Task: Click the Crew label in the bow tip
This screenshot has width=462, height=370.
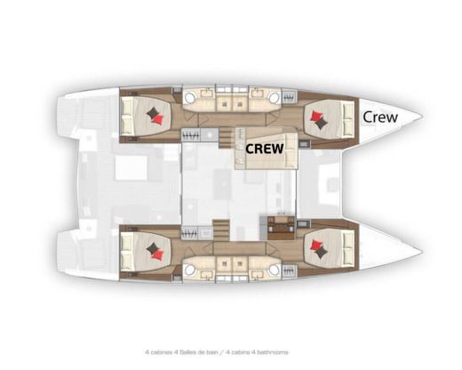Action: [x=380, y=116]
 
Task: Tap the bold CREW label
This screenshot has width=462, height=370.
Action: [x=264, y=149]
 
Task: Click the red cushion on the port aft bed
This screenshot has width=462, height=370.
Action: [x=156, y=113]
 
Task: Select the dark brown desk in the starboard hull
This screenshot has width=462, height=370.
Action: [x=280, y=229]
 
